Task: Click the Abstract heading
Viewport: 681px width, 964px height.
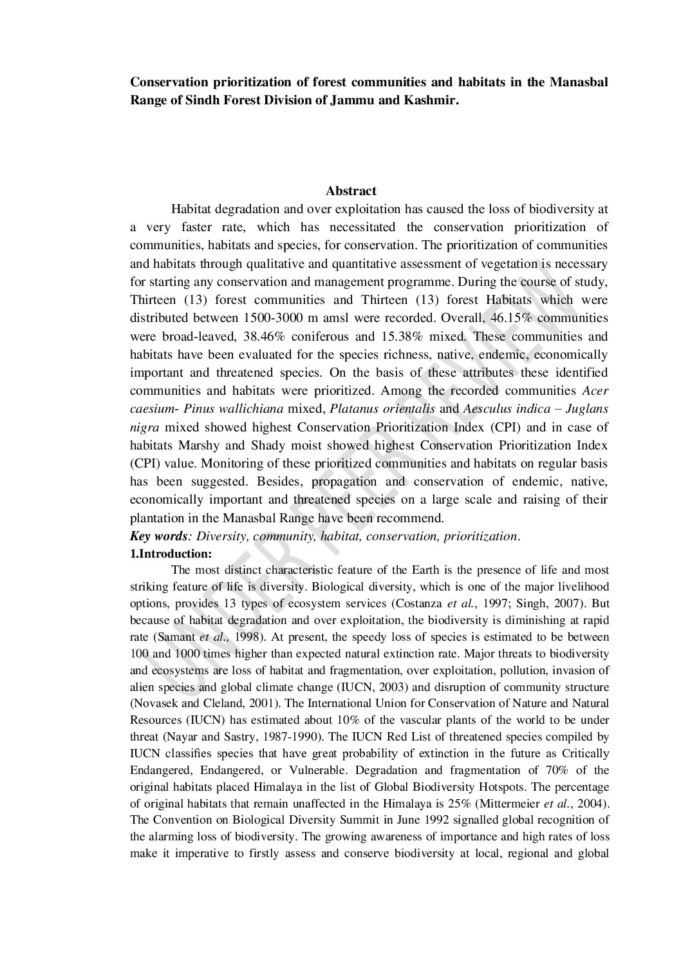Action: tap(351, 191)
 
